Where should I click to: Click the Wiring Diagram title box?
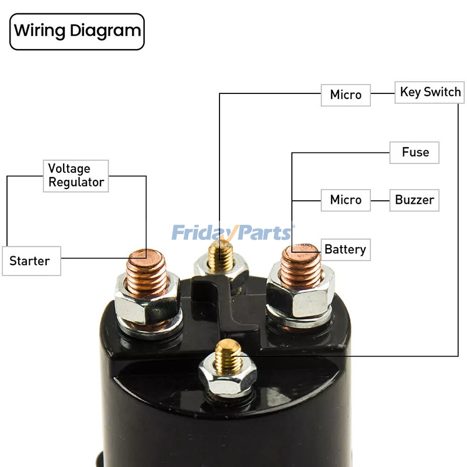77,32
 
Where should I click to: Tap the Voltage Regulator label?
76,175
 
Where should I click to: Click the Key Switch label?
430,92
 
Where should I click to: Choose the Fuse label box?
414,152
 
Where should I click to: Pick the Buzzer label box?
414,200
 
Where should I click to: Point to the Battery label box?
345,249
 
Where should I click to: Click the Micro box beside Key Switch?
346,95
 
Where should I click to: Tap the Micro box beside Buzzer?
346,200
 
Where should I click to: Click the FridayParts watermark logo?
233,233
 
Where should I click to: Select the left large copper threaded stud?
146,269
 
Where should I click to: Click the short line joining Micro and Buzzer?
380,200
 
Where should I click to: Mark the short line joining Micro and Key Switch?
382,93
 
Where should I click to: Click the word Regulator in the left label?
76,182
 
